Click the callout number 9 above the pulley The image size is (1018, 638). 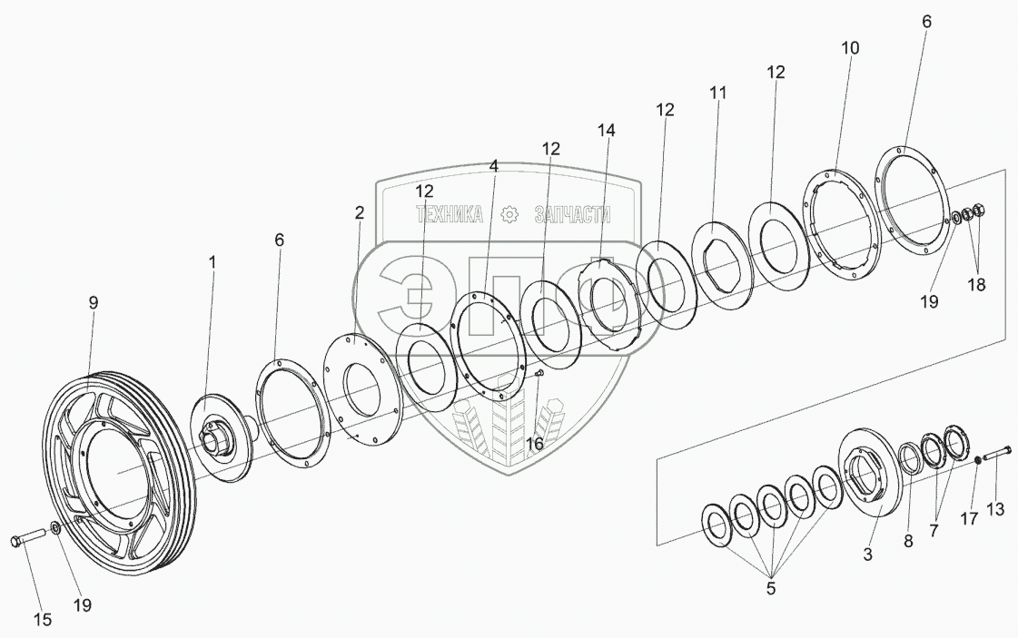(x=93, y=305)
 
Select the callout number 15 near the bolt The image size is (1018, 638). (x=43, y=621)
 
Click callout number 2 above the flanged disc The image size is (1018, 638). (x=360, y=213)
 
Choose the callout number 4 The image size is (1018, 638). (x=493, y=166)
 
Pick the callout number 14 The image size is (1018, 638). (x=606, y=131)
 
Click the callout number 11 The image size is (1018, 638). (x=718, y=93)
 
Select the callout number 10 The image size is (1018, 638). (x=849, y=47)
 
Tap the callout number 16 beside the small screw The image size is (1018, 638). (x=535, y=444)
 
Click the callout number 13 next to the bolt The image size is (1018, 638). (x=995, y=510)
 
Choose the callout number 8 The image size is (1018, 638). (x=907, y=542)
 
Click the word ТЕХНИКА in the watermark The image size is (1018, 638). (x=449, y=215)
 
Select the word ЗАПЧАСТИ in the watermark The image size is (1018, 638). (x=572, y=215)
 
